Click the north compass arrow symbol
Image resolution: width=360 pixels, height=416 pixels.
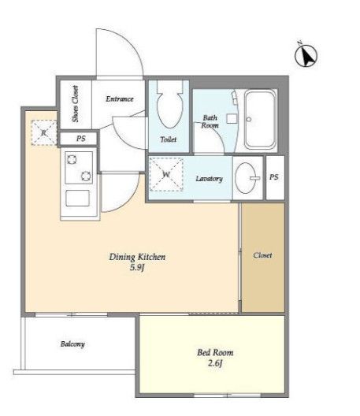click(x=306, y=55)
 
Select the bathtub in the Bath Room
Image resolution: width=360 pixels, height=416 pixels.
click(x=260, y=119)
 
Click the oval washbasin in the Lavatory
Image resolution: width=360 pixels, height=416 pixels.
click(x=247, y=178)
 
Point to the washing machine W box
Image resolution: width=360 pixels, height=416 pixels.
click(x=166, y=174)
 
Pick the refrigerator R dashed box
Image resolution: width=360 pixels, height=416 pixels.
click(x=44, y=132)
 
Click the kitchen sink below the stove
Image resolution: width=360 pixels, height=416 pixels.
click(x=77, y=198)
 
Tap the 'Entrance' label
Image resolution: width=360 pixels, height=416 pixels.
click(x=120, y=99)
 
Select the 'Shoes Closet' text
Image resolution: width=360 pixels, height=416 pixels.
click(x=76, y=104)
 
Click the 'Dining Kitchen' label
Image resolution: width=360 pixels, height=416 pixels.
click(x=137, y=257)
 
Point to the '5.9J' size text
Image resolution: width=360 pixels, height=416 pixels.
click(x=137, y=267)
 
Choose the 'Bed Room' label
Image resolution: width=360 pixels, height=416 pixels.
click(x=215, y=352)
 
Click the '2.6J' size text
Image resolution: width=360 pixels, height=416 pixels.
click(x=215, y=362)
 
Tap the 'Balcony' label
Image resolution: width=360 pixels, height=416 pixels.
click(x=72, y=344)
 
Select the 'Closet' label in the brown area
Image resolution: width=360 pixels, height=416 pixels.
click(x=262, y=255)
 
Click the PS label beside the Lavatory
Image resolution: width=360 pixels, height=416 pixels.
click(x=274, y=177)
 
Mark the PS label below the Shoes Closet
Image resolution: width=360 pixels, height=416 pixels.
click(x=81, y=139)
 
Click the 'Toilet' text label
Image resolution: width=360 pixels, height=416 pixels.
click(x=169, y=139)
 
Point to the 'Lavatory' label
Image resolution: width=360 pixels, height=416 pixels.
click(x=209, y=179)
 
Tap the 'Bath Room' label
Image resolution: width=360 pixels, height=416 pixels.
click(x=210, y=121)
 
